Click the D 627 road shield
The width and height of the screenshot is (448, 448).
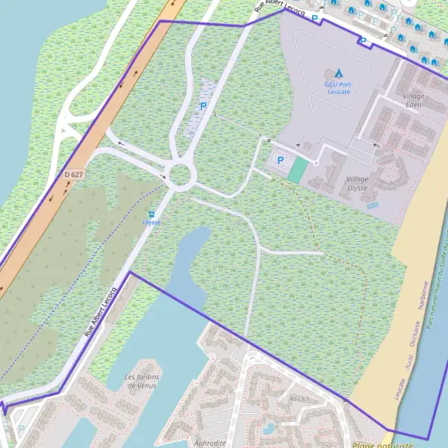72,174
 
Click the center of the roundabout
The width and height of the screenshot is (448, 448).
181,176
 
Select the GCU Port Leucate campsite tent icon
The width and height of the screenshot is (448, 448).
338,73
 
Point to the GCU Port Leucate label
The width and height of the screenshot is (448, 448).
338,87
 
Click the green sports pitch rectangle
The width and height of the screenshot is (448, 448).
298,170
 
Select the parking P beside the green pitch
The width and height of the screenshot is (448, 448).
281,160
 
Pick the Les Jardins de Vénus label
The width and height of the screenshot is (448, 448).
141,381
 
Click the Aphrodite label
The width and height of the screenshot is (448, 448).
210,442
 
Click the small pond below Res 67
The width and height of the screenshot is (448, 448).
267,428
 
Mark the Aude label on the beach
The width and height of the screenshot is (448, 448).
408,364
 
